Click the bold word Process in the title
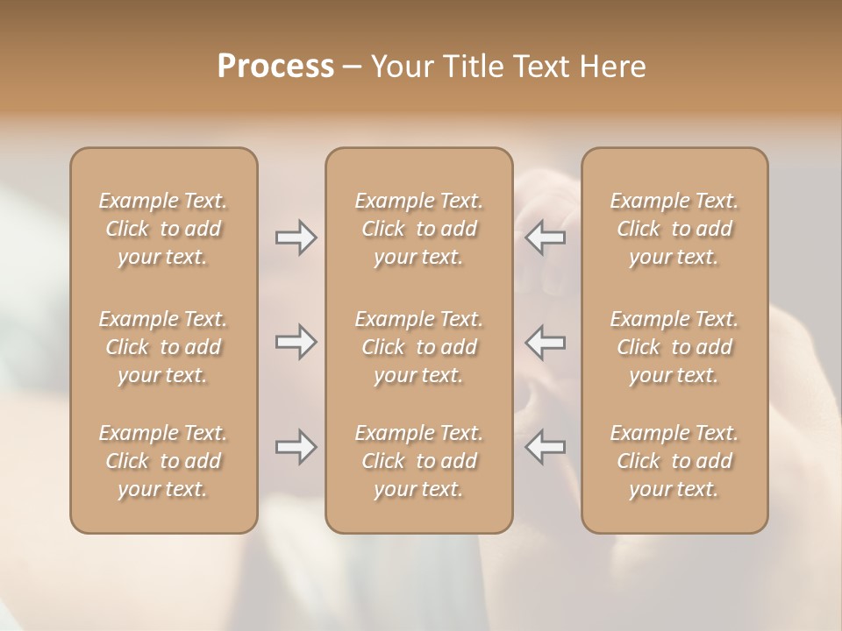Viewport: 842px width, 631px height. (275, 67)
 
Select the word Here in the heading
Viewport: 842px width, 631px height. (613, 67)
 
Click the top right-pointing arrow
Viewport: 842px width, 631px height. (296, 238)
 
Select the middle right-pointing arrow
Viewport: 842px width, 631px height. (296, 342)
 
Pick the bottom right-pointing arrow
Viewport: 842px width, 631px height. (296, 448)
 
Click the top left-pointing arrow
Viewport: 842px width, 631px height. (546, 238)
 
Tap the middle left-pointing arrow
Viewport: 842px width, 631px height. (546, 342)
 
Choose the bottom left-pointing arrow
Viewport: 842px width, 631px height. (546, 448)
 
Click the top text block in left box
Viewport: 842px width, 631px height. (163, 229)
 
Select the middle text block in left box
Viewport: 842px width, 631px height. (163, 347)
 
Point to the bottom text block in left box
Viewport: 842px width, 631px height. (163, 461)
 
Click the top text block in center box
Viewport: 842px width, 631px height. (418, 229)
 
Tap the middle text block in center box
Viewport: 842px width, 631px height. (418, 347)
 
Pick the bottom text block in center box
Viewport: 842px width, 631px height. (418, 461)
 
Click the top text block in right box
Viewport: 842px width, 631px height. (674, 229)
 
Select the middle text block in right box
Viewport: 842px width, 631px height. (674, 347)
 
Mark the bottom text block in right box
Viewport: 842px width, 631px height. (674, 461)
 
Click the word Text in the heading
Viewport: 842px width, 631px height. (539, 67)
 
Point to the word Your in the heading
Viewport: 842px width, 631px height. (402, 67)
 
